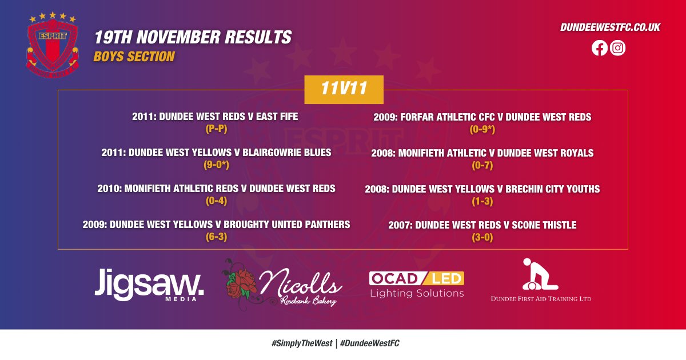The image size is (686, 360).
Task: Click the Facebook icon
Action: point(599,48)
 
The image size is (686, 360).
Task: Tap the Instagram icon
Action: point(617,48)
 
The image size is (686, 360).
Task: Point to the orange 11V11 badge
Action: point(344,90)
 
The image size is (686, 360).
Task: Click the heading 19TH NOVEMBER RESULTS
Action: point(193,38)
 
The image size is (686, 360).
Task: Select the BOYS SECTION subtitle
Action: point(134,57)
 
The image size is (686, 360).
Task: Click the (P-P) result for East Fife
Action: point(216,129)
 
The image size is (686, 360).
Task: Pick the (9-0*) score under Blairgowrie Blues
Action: point(216,165)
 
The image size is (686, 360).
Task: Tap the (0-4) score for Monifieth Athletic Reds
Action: point(216,201)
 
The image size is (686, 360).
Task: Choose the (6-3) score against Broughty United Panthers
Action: point(216,237)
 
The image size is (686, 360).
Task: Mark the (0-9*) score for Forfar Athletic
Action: point(482,129)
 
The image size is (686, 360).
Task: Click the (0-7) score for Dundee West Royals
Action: point(482,165)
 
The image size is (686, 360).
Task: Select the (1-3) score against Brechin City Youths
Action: point(482,201)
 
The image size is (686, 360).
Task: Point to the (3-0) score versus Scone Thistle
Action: point(482,237)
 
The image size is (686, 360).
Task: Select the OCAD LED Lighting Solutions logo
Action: point(416,285)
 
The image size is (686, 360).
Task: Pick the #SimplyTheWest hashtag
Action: point(302,343)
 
